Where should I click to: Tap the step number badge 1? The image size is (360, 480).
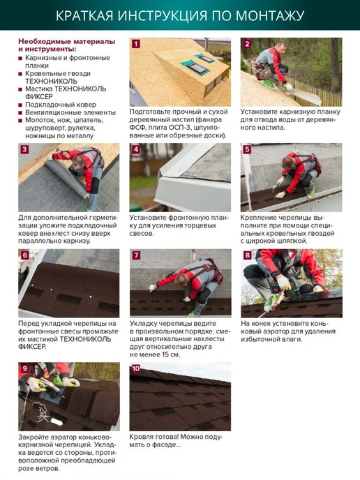[x=135, y=43]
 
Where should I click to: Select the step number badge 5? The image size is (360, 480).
[x=247, y=149]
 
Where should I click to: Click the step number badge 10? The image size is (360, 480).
[x=135, y=368]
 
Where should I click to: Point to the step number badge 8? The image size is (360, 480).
[x=247, y=255]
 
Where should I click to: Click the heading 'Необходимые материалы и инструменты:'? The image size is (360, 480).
[x=67, y=45]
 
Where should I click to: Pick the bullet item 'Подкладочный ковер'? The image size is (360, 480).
[x=61, y=105]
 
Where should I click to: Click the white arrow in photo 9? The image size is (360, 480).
[x=57, y=422]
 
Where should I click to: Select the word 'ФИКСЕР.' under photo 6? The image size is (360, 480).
[x=32, y=347]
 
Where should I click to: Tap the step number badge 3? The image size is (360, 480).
[x=24, y=149]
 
